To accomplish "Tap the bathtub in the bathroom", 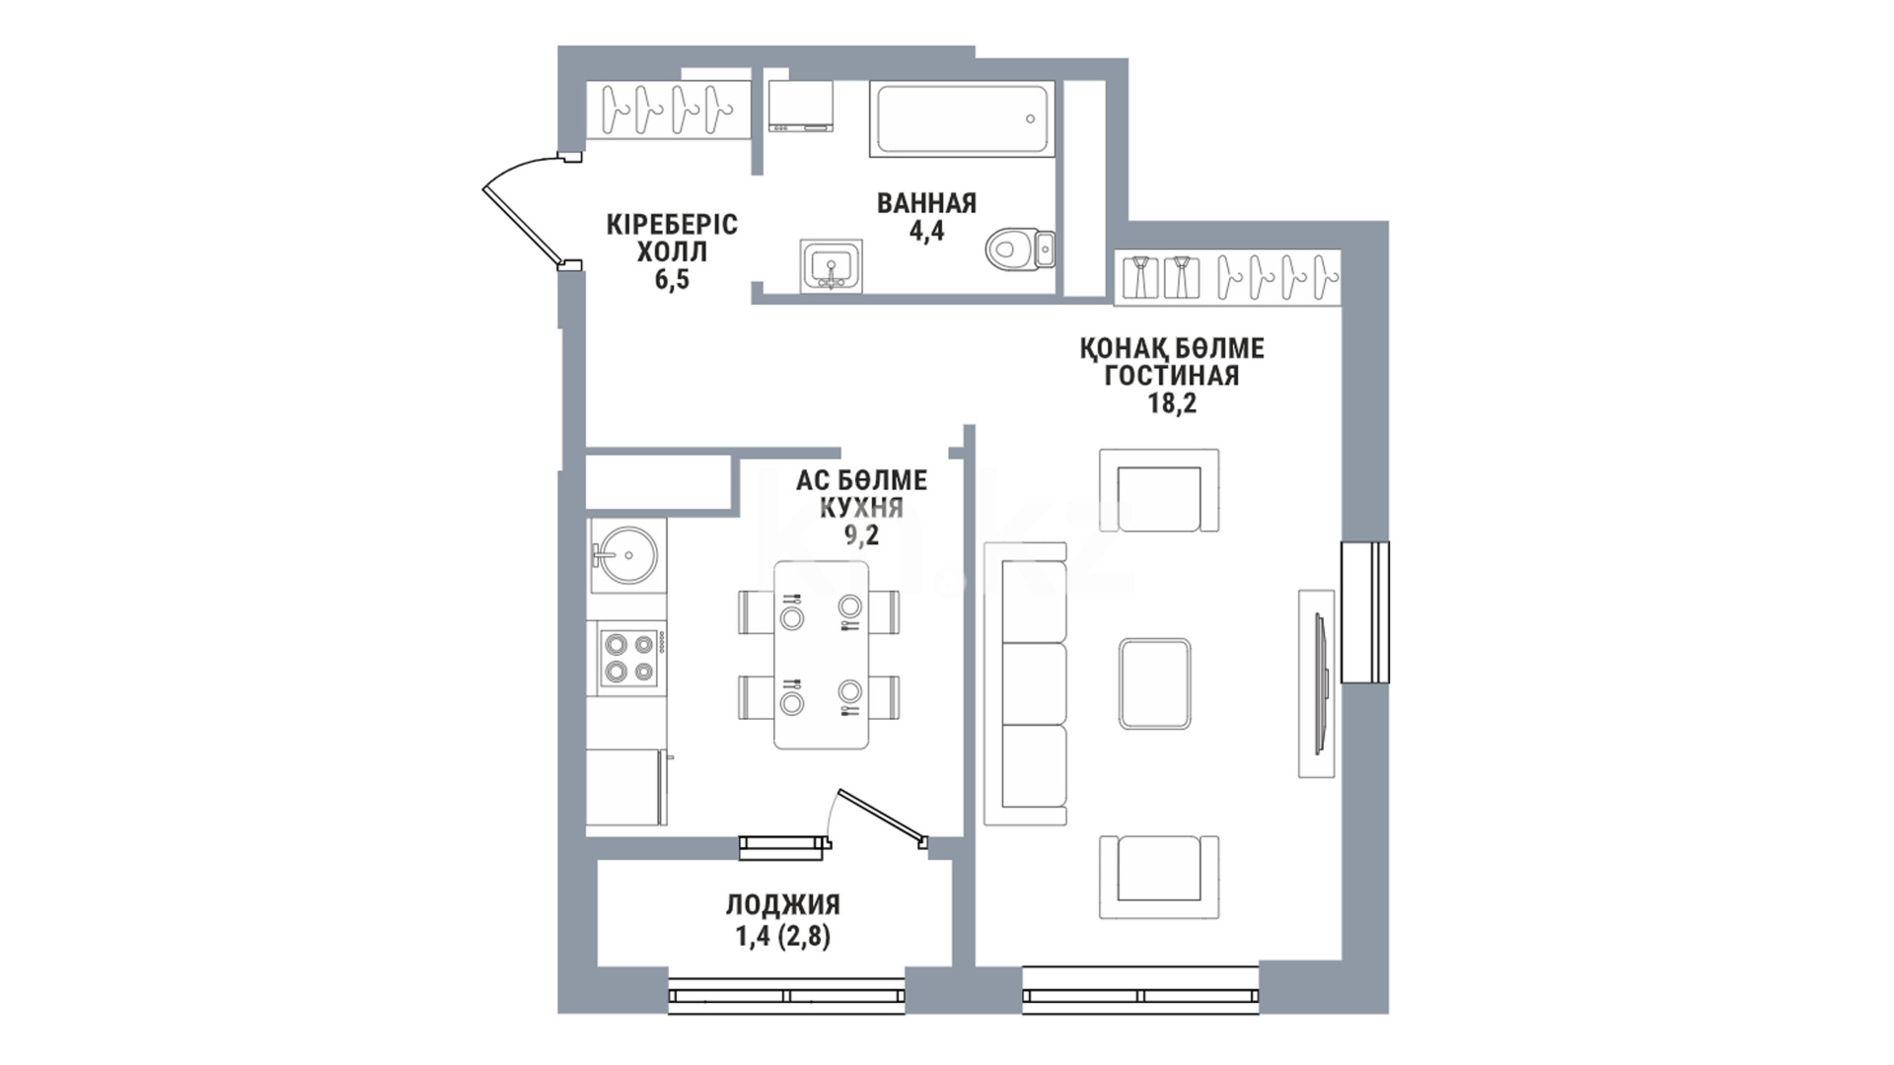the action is tap(961, 119).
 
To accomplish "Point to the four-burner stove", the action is tap(629, 658).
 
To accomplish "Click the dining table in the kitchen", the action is tap(821, 655).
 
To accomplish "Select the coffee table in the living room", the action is tap(1155, 683).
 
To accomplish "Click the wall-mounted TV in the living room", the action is tap(1318, 683).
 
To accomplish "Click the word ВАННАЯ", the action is tap(926, 203).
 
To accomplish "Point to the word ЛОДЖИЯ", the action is tap(783, 905).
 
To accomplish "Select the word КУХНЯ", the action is tap(862, 508).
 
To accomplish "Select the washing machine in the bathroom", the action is tap(801, 106).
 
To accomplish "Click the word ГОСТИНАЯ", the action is tap(1172, 376).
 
